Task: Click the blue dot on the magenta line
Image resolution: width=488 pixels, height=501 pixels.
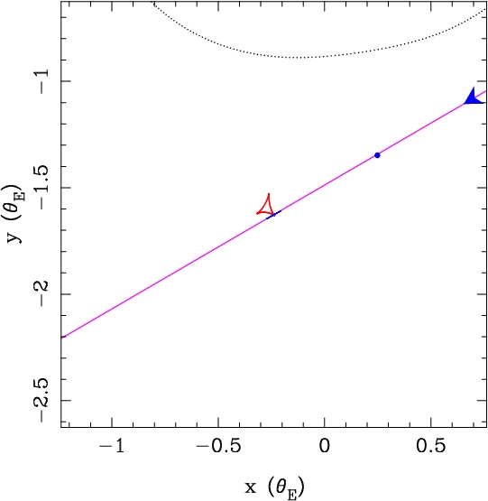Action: coord(377,155)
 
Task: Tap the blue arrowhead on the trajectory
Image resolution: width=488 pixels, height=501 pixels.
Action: coord(473,97)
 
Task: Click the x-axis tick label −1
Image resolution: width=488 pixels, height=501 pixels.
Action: coord(112,445)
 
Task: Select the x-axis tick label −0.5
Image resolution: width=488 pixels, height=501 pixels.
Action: coord(218,445)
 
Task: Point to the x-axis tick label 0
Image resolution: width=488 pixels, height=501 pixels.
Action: coord(324,445)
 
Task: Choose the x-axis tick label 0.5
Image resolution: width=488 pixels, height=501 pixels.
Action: coord(430,445)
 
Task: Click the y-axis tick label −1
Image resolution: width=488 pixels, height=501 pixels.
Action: coord(44,81)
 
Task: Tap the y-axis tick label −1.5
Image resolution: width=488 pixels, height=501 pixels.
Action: coord(44,188)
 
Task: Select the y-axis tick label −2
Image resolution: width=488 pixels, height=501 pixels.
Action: coord(44,294)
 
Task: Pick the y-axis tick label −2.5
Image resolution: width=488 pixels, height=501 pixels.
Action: coord(44,400)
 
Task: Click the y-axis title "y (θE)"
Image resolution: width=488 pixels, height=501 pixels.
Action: coord(15,213)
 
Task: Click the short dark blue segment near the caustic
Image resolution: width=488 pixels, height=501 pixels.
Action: coord(273,215)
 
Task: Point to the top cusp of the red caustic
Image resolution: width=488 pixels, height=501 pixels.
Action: coord(269,193)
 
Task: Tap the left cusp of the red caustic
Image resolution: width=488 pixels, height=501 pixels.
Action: coord(257,213)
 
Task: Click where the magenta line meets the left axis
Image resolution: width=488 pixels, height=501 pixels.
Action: coord(61,338)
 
